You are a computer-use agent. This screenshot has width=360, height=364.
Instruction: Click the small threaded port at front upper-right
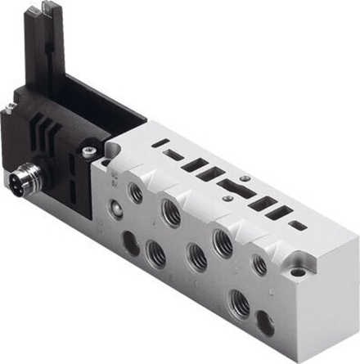259,263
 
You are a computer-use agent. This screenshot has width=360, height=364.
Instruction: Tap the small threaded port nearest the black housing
136,194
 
